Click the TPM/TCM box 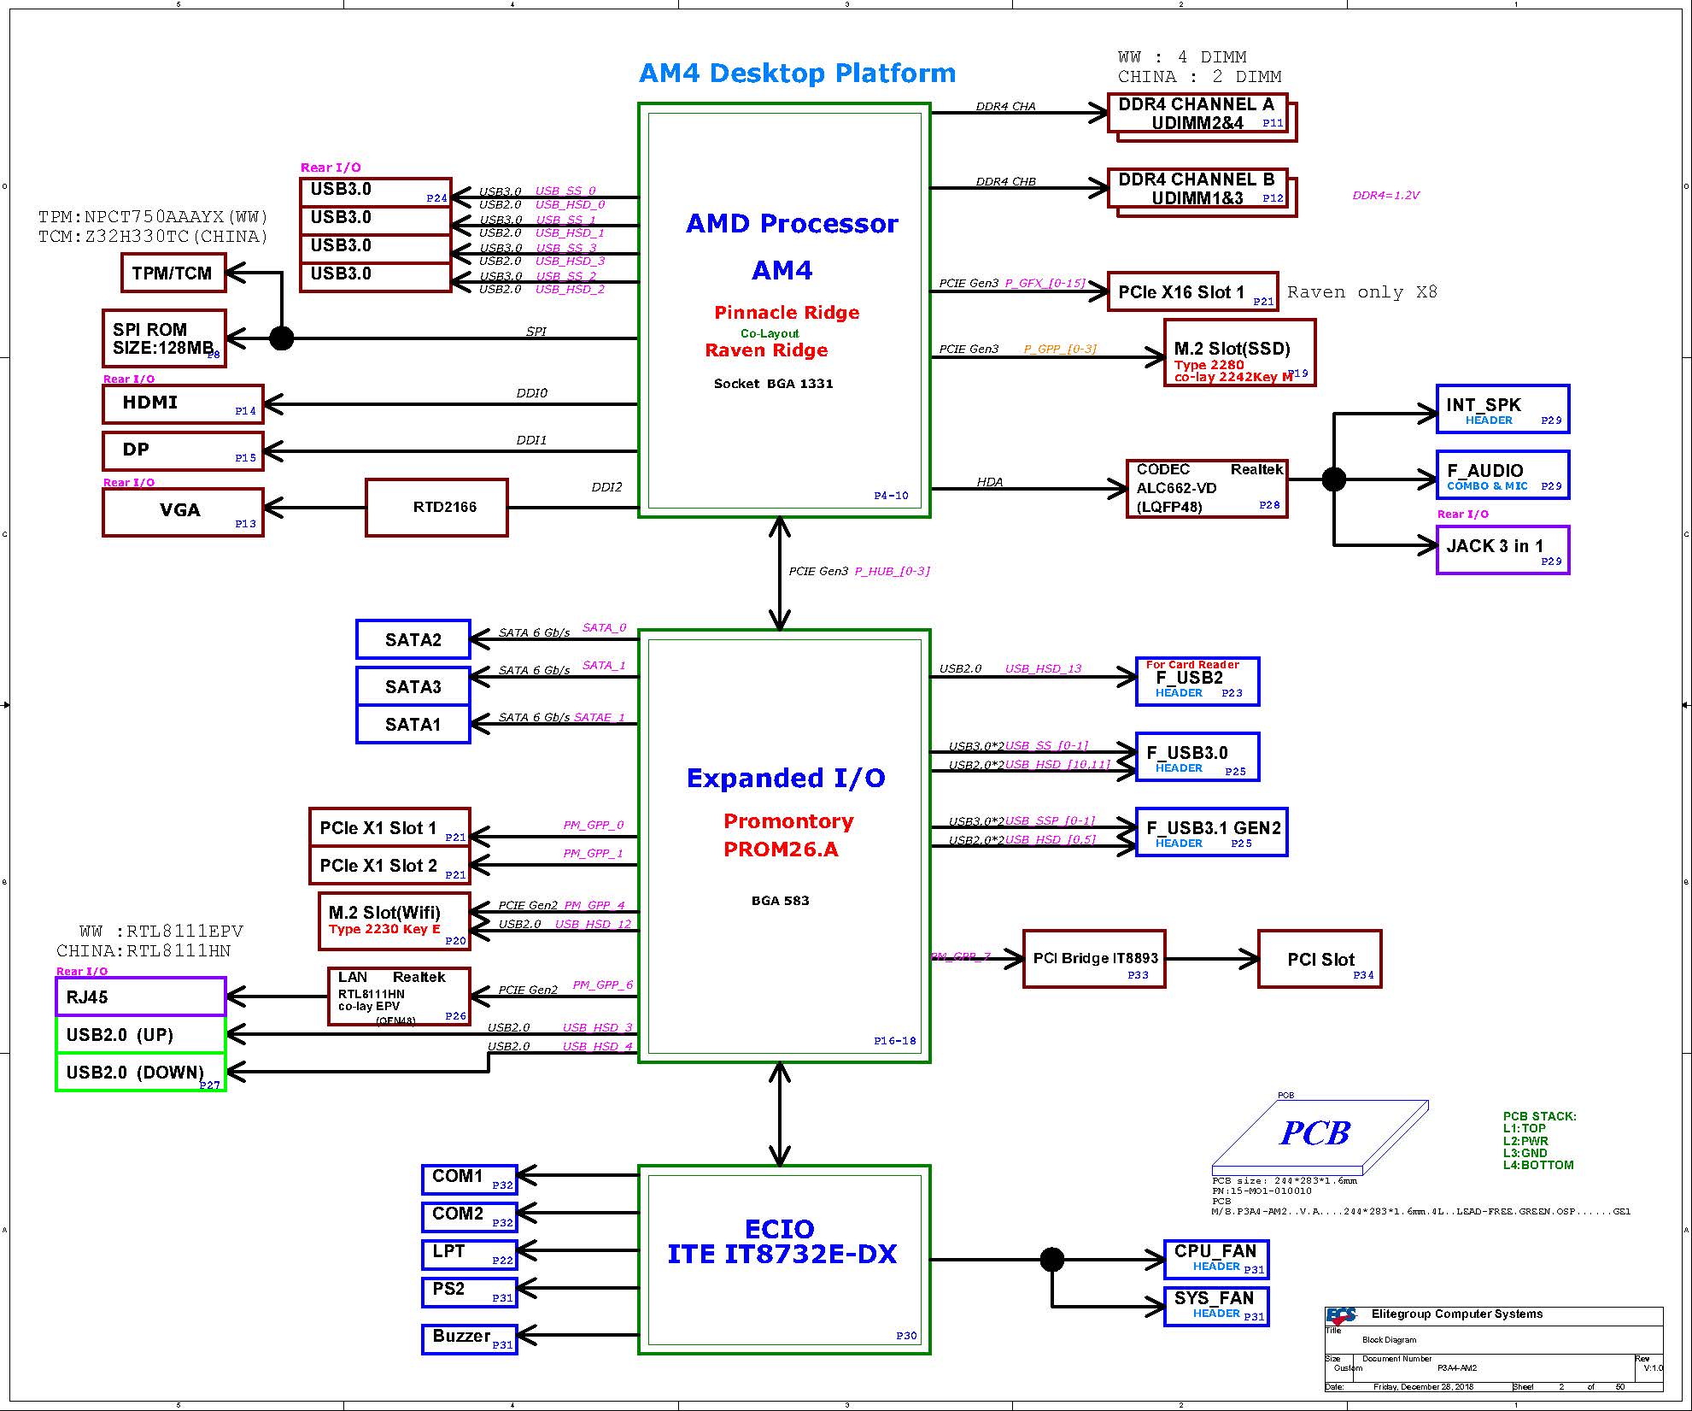pyautogui.click(x=173, y=273)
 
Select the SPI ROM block pyautogui.click(x=163, y=338)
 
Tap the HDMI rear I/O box pyautogui.click(x=183, y=403)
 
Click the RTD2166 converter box pyautogui.click(x=436, y=507)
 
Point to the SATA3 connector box pyautogui.click(x=413, y=686)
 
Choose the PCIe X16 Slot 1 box pyautogui.click(x=1192, y=292)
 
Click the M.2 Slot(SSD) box pyautogui.click(x=1238, y=353)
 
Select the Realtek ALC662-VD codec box pyautogui.click(x=1207, y=488)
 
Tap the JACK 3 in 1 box pyautogui.click(x=1502, y=550)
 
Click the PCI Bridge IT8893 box pyautogui.click(x=1094, y=959)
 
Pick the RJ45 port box pyautogui.click(x=140, y=997)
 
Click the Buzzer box pyautogui.click(x=469, y=1338)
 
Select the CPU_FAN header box pyautogui.click(x=1215, y=1258)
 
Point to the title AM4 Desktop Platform pyautogui.click(x=797, y=73)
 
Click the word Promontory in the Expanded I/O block pyautogui.click(x=788, y=821)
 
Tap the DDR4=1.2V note pyautogui.click(x=1385, y=196)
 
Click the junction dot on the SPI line pyautogui.click(x=282, y=338)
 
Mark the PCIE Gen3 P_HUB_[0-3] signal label pyautogui.click(x=858, y=571)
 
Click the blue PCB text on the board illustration pyautogui.click(x=1314, y=1133)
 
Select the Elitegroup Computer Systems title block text pyautogui.click(x=1456, y=1314)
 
